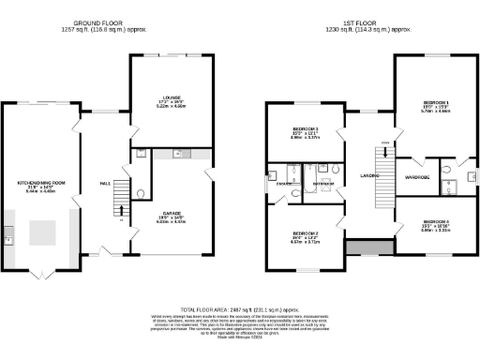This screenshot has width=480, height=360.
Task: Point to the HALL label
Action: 106,183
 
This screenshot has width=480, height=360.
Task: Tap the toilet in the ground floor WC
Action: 141,194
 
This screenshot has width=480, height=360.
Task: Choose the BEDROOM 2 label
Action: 306,233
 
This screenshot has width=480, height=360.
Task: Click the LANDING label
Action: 367,174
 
